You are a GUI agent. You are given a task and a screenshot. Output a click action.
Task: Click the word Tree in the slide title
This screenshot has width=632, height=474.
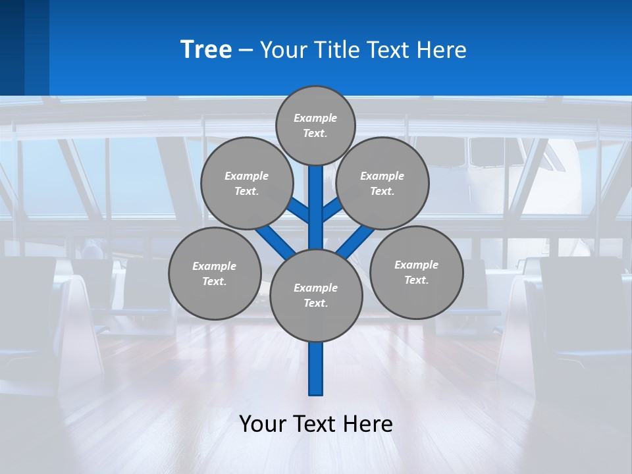206,49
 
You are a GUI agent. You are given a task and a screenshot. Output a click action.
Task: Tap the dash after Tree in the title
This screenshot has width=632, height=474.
246,51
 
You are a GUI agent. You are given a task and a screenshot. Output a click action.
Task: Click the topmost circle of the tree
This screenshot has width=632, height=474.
315,125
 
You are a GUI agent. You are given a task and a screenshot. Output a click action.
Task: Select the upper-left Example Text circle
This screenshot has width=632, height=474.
247,183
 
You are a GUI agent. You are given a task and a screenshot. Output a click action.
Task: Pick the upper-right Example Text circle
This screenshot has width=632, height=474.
382,183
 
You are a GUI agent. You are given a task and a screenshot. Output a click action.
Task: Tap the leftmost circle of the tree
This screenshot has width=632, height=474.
215,273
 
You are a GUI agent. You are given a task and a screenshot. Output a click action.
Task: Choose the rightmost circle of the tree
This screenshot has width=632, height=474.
416,272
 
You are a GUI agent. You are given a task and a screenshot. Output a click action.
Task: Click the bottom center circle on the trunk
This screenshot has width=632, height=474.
316,295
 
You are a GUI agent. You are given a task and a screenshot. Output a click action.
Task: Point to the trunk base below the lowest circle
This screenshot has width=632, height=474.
316,369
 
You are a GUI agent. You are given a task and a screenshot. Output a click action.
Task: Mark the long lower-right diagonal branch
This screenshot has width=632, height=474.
357,241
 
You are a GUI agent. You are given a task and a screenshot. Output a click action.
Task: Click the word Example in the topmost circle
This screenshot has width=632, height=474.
315,118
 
